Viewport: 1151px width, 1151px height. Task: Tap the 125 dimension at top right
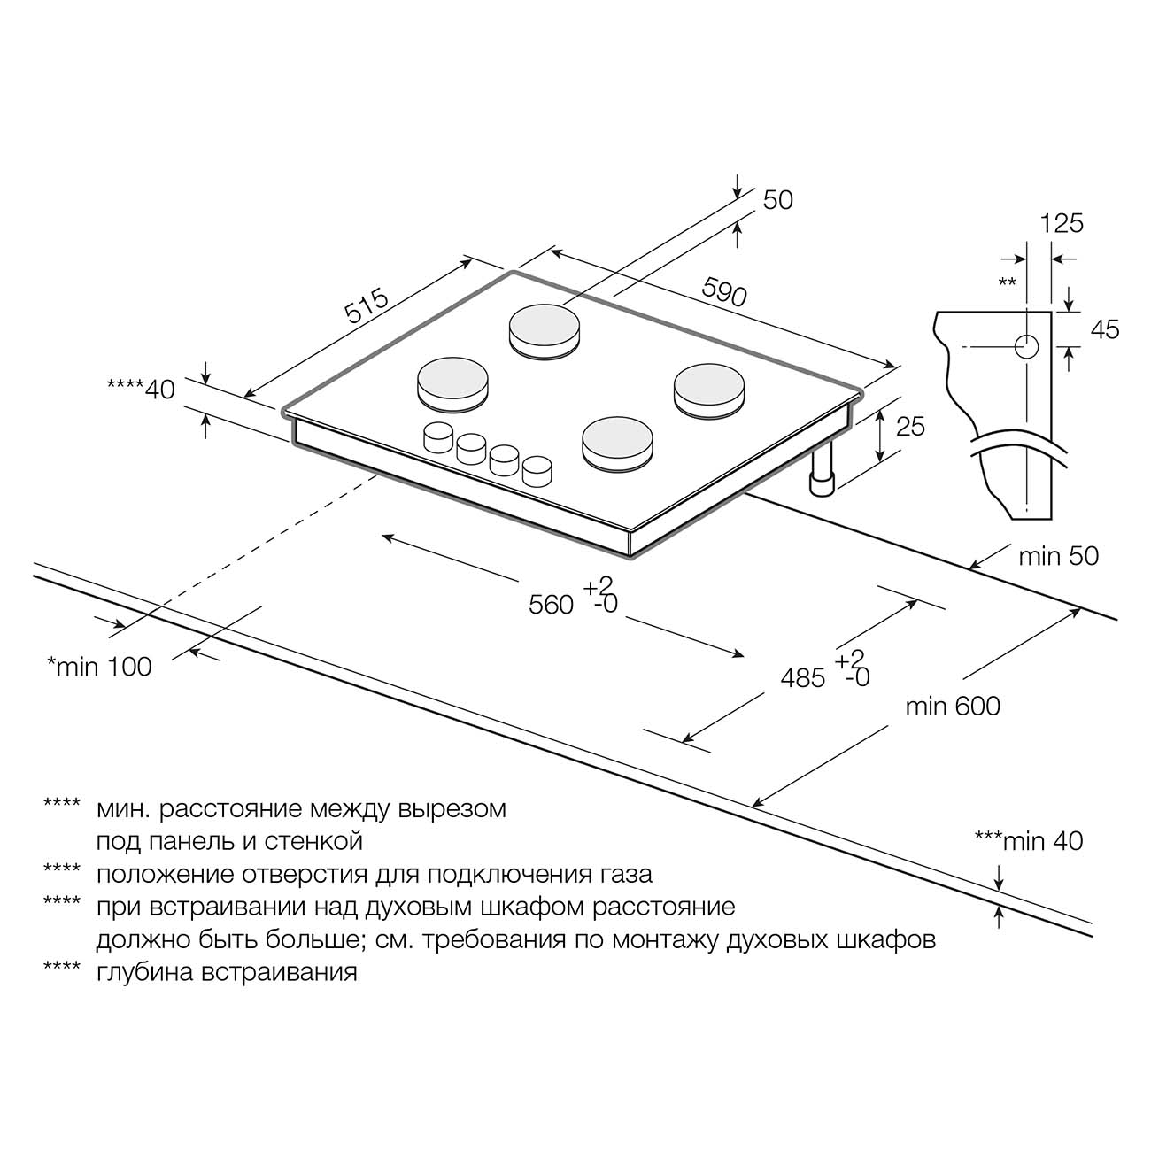tap(1062, 223)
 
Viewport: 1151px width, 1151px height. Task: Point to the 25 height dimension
tap(910, 426)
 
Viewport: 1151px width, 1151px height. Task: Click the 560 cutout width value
tap(552, 605)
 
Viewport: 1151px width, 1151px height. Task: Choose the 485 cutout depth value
tap(803, 678)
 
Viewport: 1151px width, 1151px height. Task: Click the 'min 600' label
tap(953, 706)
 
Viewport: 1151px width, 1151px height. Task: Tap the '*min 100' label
tap(99, 667)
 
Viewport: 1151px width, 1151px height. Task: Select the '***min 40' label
tap(1028, 840)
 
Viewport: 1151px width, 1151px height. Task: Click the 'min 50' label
tap(1058, 556)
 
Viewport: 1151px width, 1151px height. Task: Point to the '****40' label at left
tap(141, 388)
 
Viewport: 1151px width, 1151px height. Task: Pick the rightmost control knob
tap(537, 469)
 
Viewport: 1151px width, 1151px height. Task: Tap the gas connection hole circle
tap(1026, 346)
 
